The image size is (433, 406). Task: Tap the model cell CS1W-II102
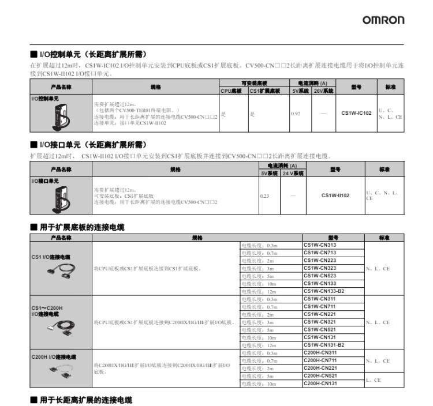pos(335,196)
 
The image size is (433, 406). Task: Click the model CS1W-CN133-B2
pos(324,291)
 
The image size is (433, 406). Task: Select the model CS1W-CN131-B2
pos(324,345)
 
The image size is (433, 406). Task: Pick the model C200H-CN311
pos(320,352)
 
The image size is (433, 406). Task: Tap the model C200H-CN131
pos(320,383)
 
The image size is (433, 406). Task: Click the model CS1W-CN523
pos(320,276)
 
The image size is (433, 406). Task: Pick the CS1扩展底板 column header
pos(264,91)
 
